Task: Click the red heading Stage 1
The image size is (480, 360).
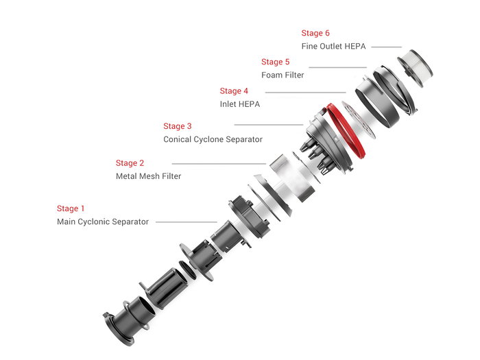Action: [71, 208]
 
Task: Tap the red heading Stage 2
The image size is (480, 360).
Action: [130, 163]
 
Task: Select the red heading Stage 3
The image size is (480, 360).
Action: [178, 126]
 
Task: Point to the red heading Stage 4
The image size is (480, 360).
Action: [234, 91]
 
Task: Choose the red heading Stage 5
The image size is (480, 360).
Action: [276, 62]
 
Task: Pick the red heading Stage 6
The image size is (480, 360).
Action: [315, 33]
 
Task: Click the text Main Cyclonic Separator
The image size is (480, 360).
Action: [103, 221]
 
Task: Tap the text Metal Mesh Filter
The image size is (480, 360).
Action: [149, 176]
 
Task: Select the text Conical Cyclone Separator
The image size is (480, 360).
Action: [213, 139]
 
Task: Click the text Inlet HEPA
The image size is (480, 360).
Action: [240, 104]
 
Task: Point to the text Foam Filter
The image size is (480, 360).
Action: [283, 75]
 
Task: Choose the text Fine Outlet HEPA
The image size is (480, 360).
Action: [334, 46]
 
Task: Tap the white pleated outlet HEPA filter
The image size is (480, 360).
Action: [416, 68]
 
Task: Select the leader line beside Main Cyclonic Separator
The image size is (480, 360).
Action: [187, 222]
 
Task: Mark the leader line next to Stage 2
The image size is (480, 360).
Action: [219, 164]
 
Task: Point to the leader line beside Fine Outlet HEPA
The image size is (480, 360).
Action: [387, 47]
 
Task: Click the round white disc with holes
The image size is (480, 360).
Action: [359, 120]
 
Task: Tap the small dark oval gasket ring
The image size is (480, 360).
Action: [187, 269]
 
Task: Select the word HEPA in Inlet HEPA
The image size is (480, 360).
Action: [248, 104]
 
